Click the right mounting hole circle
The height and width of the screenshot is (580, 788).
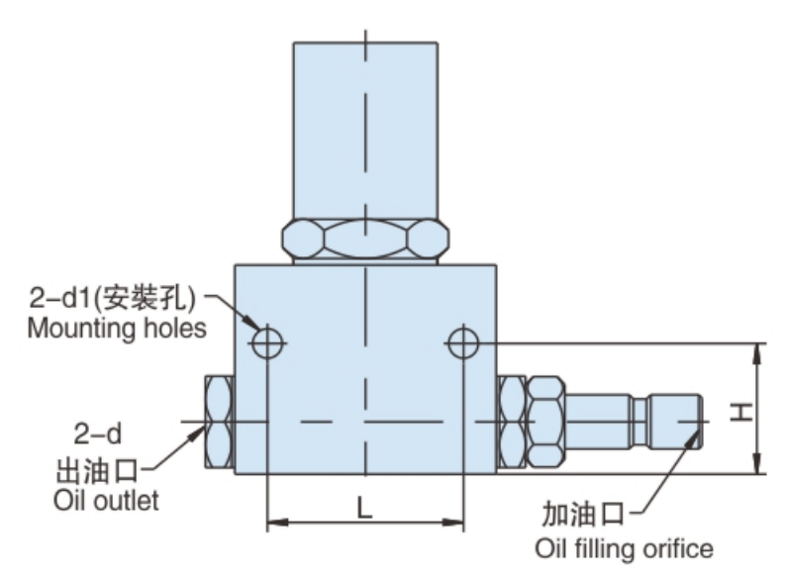pos(463,343)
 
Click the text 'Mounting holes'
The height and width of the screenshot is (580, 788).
pos(117,328)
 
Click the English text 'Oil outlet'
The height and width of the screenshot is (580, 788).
pos(106,501)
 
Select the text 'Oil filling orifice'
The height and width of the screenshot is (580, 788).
pos(624,547)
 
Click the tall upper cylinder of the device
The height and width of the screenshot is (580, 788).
pos(365,129)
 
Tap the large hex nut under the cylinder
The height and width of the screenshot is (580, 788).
pos(365,240)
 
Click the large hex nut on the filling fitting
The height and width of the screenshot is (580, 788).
pos(543,422)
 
